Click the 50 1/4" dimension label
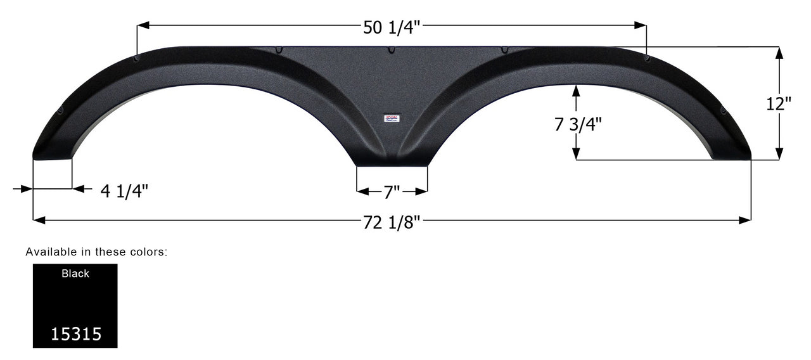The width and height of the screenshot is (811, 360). (392, 27)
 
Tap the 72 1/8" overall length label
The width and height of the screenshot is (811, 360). (392, 221)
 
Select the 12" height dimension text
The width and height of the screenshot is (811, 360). (779, 105)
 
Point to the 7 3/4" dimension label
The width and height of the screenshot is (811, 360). (578, 124)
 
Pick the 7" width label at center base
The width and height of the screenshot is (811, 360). (392, 191)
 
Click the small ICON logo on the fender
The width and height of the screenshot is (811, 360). (392, 117)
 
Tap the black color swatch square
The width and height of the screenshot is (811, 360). (75, 305)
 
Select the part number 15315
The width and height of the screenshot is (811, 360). (75, 334)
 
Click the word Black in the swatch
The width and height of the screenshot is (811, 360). (75, 274)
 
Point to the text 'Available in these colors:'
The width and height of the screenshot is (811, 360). (96, 252)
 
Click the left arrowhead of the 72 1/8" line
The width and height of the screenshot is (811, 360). (38, 220)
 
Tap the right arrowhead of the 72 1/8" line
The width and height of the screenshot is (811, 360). (745, 220)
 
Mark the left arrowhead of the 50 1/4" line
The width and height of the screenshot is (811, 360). (143, 25)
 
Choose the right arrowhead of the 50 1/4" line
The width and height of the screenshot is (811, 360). (641, 25)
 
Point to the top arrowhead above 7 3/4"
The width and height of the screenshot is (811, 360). (576, 90)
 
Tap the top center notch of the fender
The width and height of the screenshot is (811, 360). (392, 50)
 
